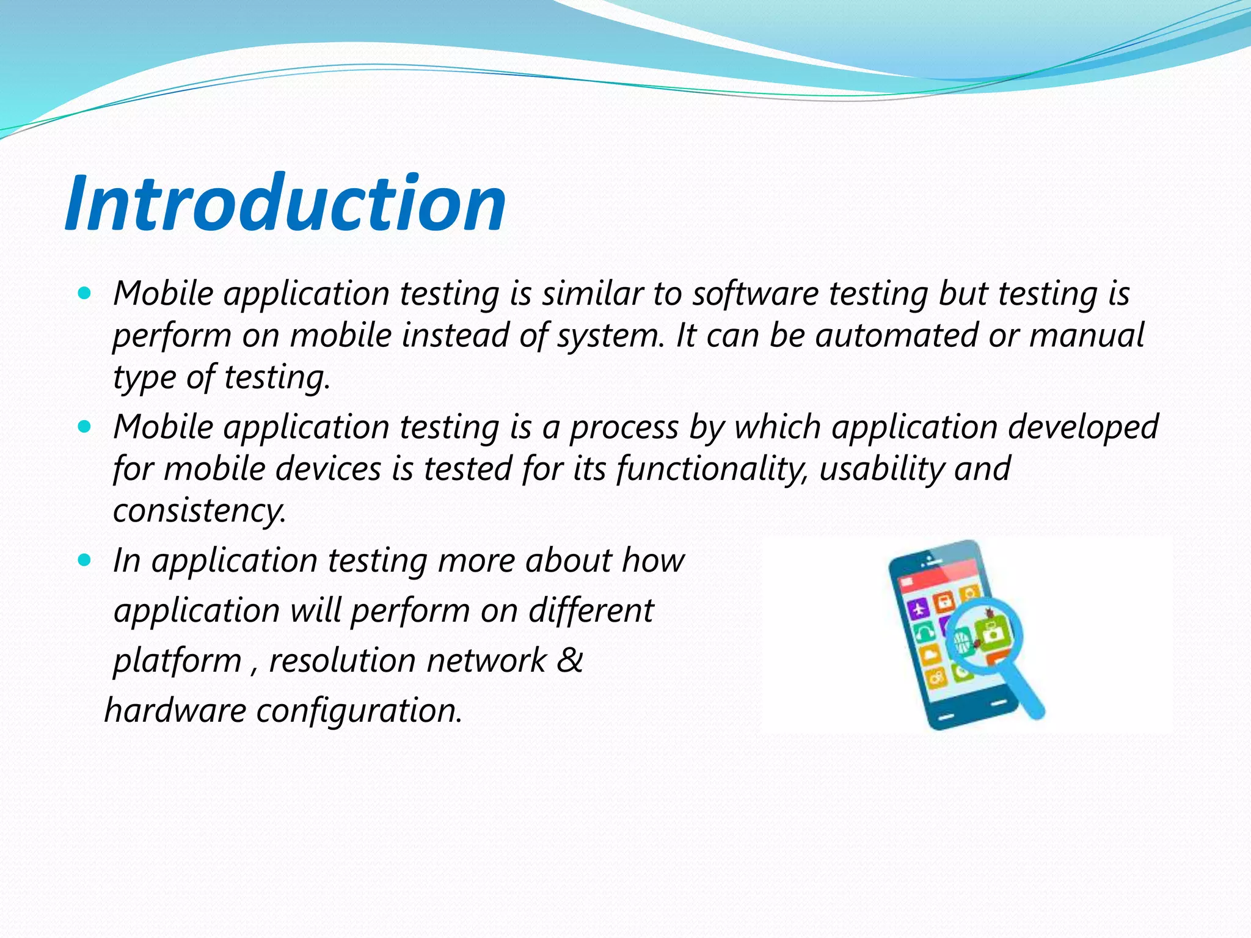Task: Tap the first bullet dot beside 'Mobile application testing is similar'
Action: [x=85, y=293]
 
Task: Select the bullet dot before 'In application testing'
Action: [x=85, y=559]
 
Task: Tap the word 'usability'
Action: [x=880, y=469]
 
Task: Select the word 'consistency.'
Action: [x=199, y=511]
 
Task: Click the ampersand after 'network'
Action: [x=570, y=660]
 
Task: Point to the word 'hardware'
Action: [x=175, y=710]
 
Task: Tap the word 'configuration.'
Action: [x=359, y=710]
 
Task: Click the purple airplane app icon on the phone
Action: [x=918, y=608]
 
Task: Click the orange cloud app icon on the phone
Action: [x=930, y=655]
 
